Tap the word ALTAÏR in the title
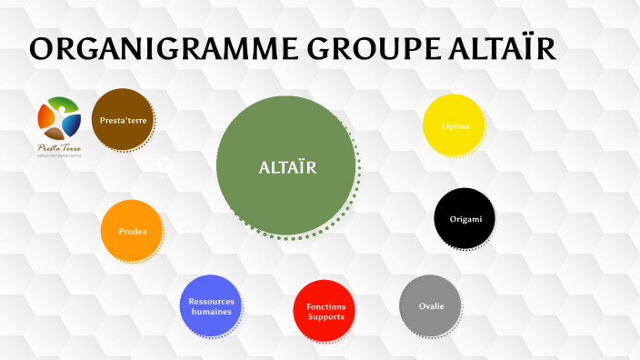[504, 49]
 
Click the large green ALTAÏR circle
[285, 167]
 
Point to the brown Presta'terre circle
[122, 119]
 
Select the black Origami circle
[465, 218]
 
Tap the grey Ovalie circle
[430, 305]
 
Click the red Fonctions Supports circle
[325, 311]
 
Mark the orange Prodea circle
[132, 231]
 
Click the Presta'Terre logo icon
[59, 117]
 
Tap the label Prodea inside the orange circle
[132, 231]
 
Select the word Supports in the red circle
[325, 316]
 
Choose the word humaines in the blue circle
[211, 312]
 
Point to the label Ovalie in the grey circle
[431, 305]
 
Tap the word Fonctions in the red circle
[325, 306]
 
